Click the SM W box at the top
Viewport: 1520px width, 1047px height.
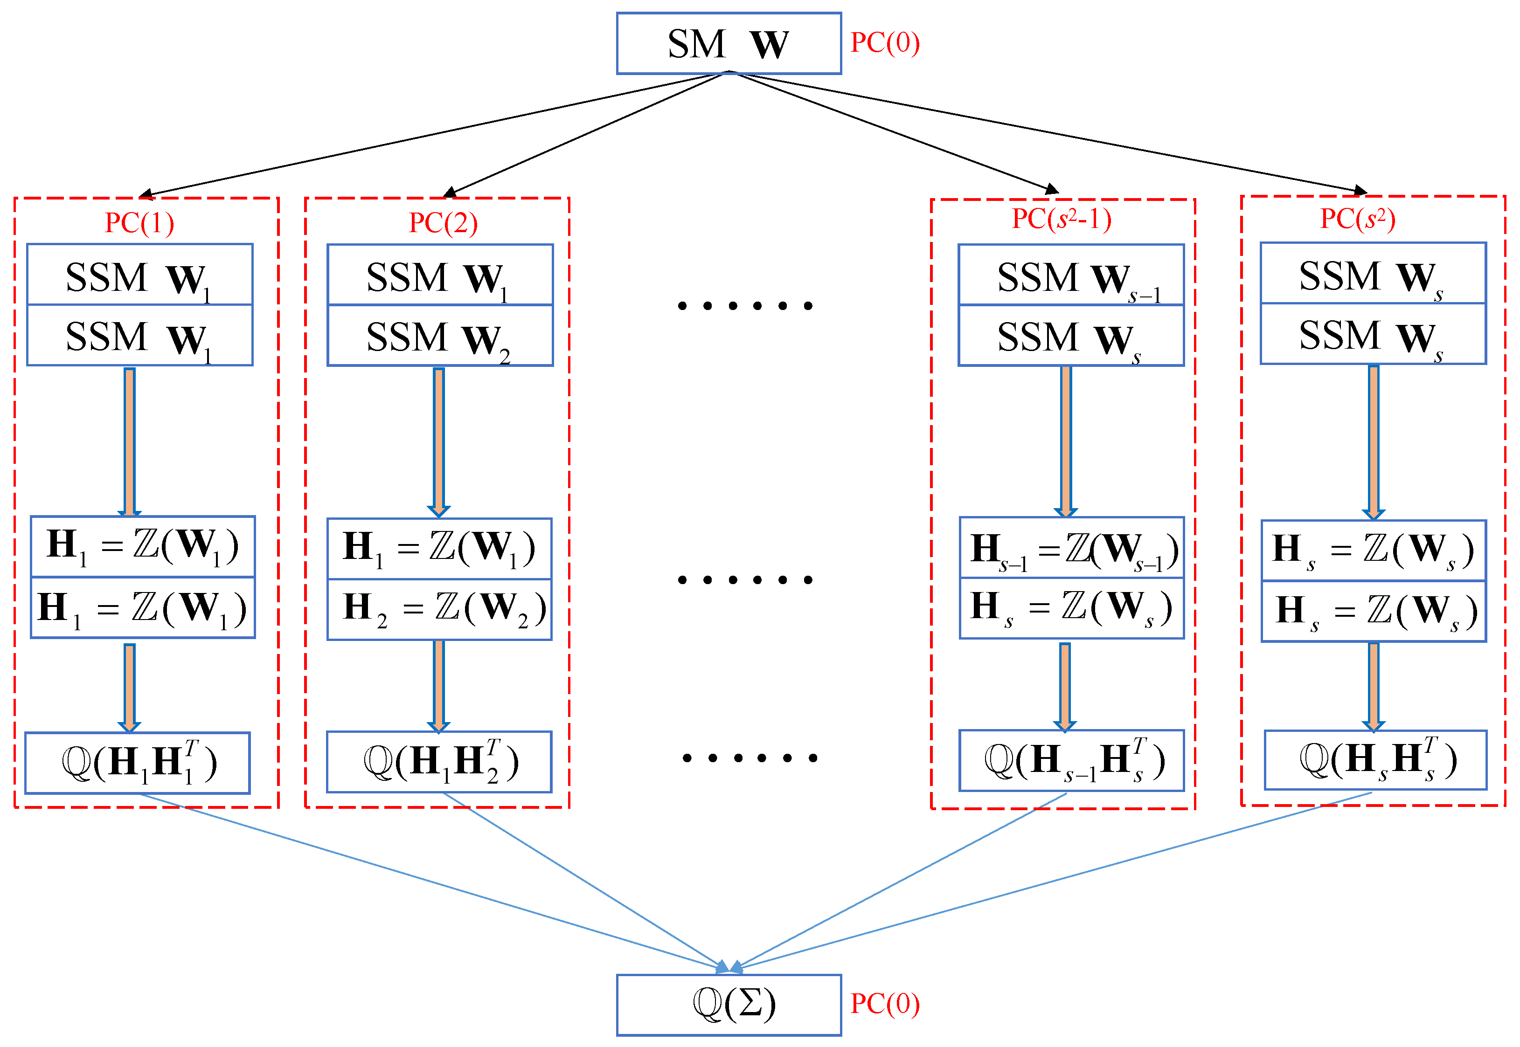point(729,43)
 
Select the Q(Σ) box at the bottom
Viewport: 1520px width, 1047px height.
point(729,1005)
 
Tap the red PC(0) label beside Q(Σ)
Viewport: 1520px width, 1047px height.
point(885,1004)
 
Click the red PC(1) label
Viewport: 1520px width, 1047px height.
point(139,222)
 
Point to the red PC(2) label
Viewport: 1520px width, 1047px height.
point(443,222)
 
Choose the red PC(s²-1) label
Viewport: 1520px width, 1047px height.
point(1061,219)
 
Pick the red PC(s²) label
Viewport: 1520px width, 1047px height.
point(1357,219)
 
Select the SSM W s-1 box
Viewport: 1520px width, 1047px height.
point(1071,275)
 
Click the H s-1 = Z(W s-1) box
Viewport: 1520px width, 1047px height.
point(1072,548)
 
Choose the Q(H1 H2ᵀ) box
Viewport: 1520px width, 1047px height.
point(439,762)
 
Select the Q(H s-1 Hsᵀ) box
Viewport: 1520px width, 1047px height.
point(1072,760)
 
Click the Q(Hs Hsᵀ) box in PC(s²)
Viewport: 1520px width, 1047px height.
point(1375,760)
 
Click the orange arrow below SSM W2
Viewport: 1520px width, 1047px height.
point(438,442)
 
